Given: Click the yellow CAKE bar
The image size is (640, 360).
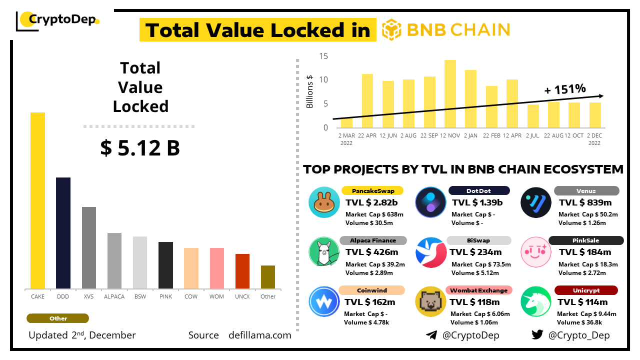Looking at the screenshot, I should (x=37, y=200).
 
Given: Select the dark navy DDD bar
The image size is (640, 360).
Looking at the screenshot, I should (x=63, y=233).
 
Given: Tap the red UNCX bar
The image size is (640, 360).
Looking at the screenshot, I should (x=242, y=271).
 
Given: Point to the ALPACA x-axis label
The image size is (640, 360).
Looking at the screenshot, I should (x=114, y=296).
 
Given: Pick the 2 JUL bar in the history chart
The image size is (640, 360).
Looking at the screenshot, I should (x=533, y=116).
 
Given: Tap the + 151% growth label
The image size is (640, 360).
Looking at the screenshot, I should (x=564, y=89).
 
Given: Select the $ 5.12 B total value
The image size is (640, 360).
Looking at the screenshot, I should (x=140, y=148).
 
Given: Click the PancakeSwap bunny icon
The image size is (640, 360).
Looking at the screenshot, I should (x=324, y=202).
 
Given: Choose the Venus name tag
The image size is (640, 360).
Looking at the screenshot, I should (x=586, y=190).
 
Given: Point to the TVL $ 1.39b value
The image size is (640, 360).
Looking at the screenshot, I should (x=477, y=202).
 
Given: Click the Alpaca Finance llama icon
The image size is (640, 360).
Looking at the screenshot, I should (x=324, y=252).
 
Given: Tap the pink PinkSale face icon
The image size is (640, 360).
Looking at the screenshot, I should (x=536, y=252).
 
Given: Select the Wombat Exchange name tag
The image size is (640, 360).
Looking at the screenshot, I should (x=478, y=290).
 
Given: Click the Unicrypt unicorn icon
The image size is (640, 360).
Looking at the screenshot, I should (x=536, y=301).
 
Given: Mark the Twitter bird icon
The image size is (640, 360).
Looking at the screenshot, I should (x=537, y=335).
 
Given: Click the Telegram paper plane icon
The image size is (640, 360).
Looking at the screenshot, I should (x=431, y=335).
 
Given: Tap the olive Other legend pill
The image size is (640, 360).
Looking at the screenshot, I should (x=58, y=318).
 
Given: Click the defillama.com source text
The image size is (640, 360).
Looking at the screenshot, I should (x=259, y=335).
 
